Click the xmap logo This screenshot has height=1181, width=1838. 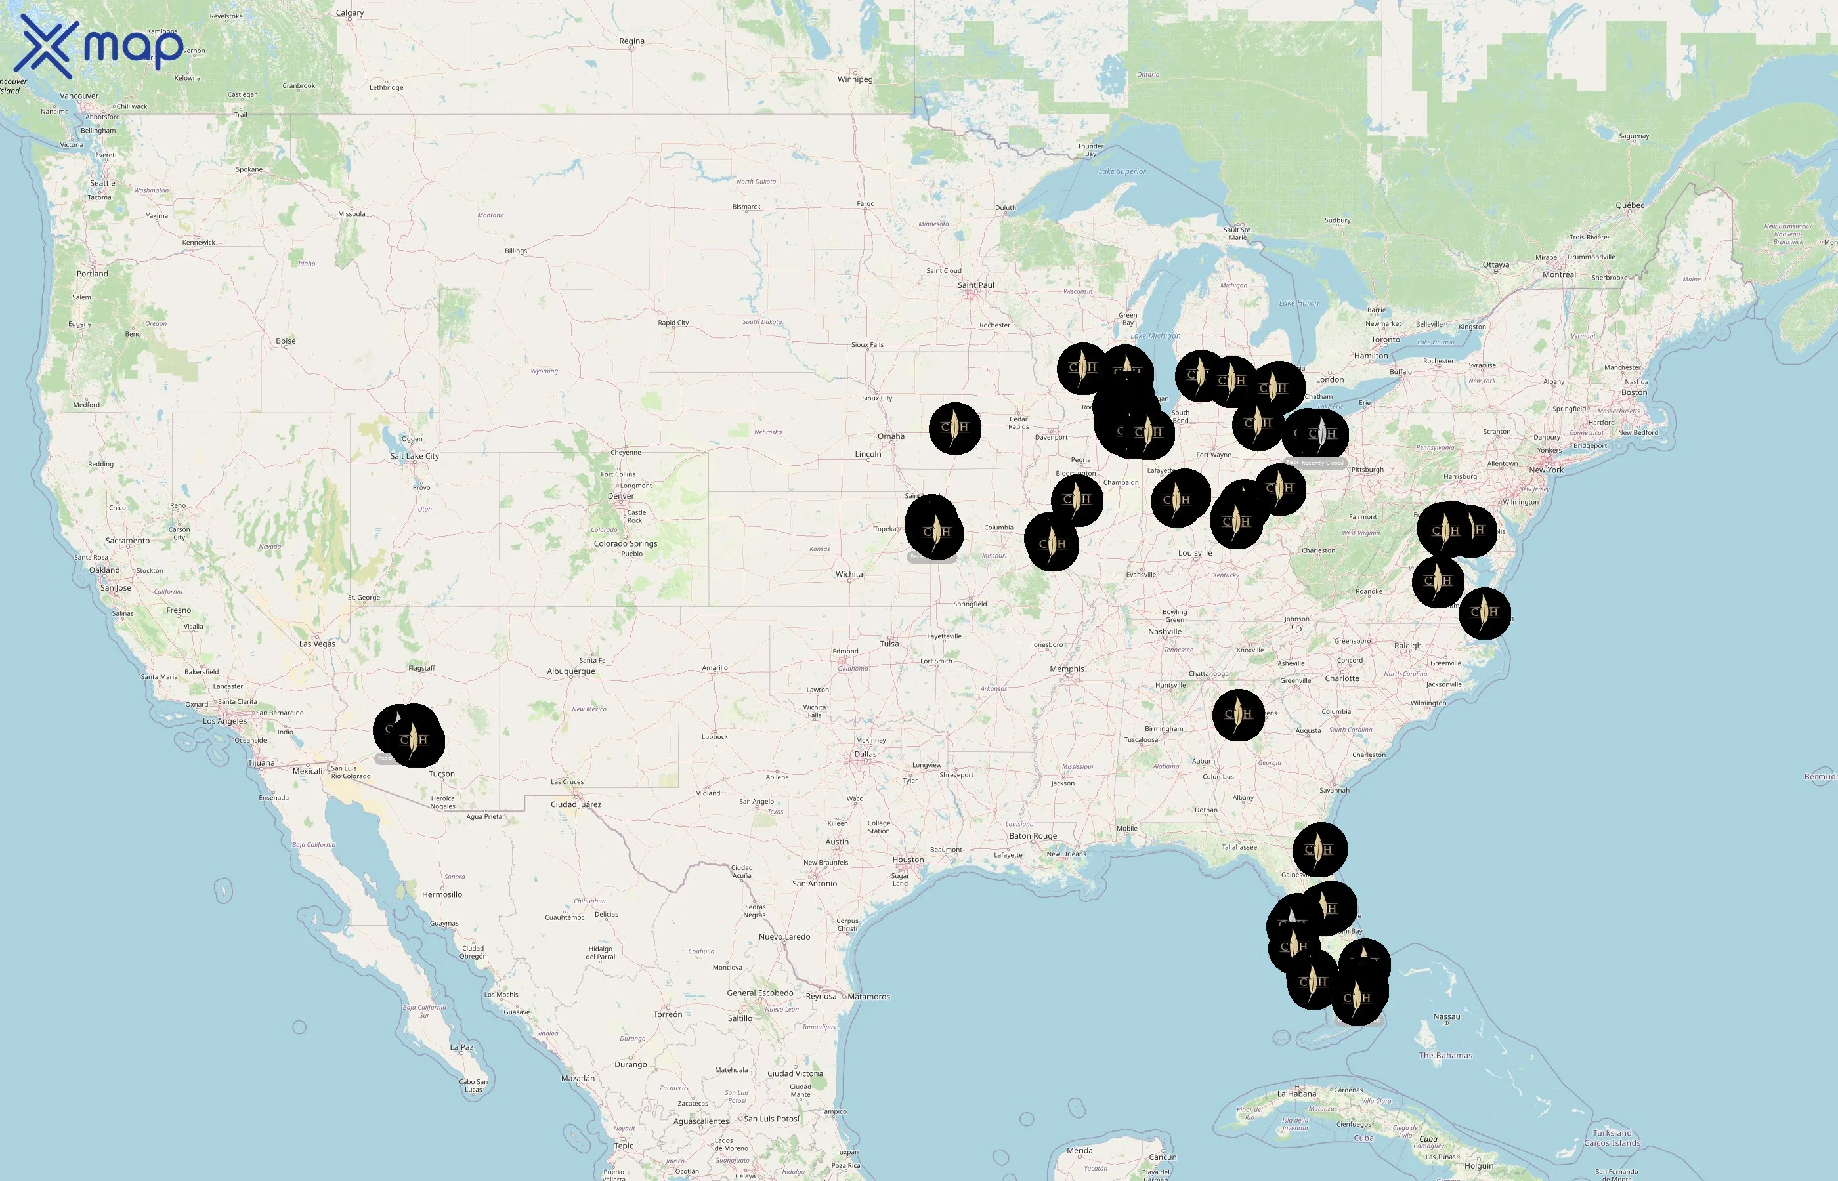[x=100, y=47]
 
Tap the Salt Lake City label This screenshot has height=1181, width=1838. [x=414, y=456]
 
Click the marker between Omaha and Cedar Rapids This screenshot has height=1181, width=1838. [x=954, y=428]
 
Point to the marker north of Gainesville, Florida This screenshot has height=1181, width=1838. [x=1319, y=850]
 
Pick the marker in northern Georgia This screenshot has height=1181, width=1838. [x=1238, y=715]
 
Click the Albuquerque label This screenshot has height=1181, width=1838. [x=570, y=671]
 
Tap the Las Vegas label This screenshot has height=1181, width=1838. [x=317, y=644]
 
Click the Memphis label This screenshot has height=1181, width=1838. [x=1067, y=669]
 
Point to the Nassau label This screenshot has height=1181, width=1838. [x=1447, y=1017]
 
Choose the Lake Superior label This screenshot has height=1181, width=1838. [x=1122, y=172]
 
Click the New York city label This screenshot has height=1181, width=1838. [x=1546, y=470]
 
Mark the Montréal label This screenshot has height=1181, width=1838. [x=1559, y=274]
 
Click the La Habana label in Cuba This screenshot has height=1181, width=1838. [x=1297, y=1094]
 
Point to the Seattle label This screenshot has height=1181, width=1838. [x=103, y=183]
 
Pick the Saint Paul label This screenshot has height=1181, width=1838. [x=975, y=285]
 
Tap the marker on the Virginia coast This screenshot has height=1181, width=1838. [x=1484, y=613]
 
